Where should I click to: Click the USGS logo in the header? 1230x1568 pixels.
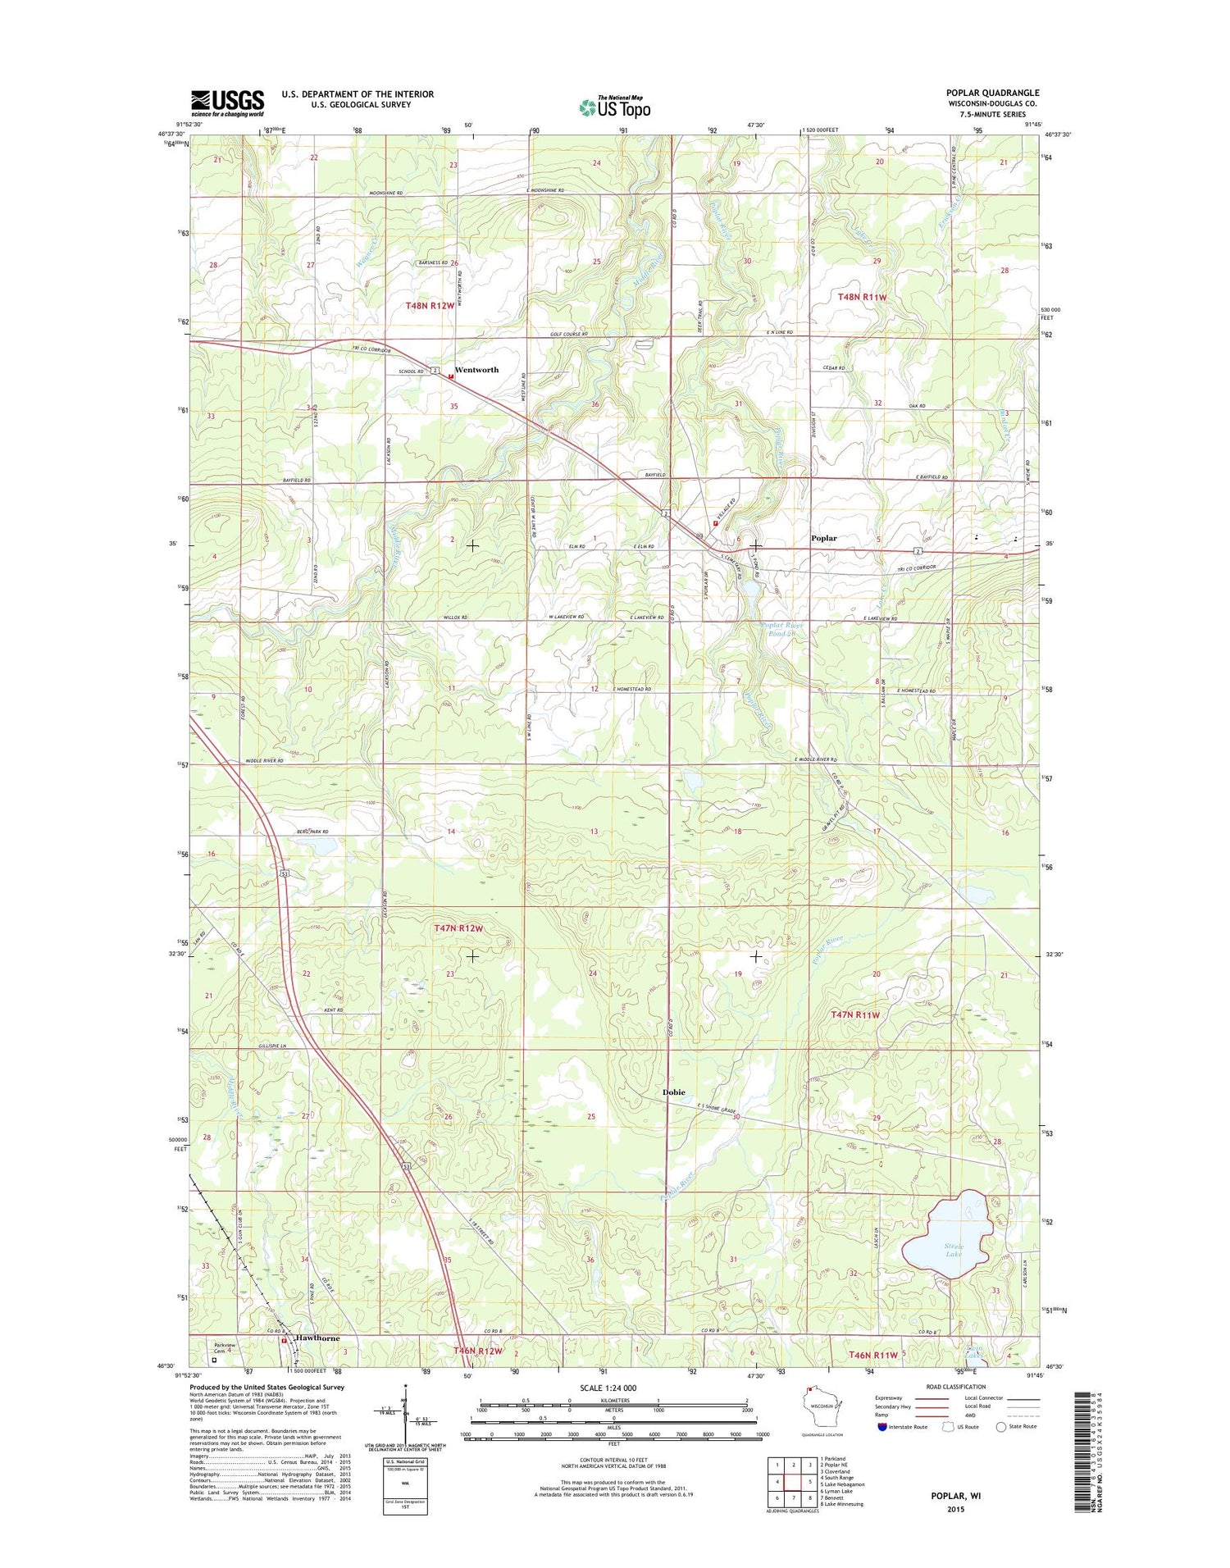click(x=227, y=102)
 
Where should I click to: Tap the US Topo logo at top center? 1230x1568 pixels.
click(x=615, y=107)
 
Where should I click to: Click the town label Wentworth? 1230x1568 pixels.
click(x=476, y=370)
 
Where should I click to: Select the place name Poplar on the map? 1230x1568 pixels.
click(x=823, y=538)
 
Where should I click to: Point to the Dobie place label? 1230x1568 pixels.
click(x=673, y=1092)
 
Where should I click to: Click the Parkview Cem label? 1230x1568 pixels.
click(x=225, y=1347)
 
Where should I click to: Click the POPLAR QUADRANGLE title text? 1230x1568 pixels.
click(x=992, y=93)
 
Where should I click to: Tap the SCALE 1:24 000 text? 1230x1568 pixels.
click(x=613, y=1388)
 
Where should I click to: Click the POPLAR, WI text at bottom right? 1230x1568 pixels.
click(x=955, y=1495)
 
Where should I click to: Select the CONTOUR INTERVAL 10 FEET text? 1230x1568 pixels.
click(x=613, y=1459)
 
